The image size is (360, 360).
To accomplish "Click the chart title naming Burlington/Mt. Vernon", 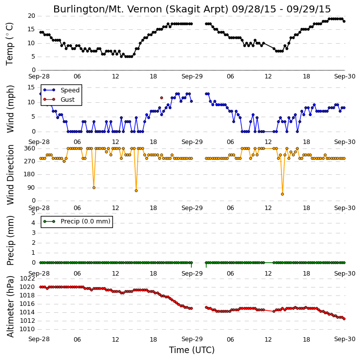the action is pos(192,9).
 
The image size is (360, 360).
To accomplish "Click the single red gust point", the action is pos(162,98).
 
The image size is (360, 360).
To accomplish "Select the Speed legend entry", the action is pos(62,90).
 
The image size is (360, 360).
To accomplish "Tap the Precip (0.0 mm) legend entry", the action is pos(77,221).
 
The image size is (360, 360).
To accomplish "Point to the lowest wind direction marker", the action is pos(282,194).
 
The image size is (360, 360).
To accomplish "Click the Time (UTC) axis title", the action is pos(192,350).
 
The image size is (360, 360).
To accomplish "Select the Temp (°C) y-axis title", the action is pos(9,44).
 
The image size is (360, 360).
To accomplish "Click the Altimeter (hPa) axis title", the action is pos(10,306).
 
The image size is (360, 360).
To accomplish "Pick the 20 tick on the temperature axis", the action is pos(31,16).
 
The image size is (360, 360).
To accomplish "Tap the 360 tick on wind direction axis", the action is pos(30,148).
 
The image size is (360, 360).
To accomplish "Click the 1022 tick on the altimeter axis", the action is pos(27,279).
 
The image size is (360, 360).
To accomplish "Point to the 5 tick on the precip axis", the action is pos(33,213).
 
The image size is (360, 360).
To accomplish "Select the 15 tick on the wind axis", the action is pos(31,87).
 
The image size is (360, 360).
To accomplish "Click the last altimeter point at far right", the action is pos(344,319).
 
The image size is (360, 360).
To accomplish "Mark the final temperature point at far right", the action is pos(344,21).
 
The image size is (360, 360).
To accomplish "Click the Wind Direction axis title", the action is pos(10,175).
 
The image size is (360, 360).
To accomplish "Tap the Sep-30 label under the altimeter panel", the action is pos(345,339).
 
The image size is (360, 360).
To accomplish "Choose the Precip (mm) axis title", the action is pos(10,241).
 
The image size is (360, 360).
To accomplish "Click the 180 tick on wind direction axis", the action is pos(30,174).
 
